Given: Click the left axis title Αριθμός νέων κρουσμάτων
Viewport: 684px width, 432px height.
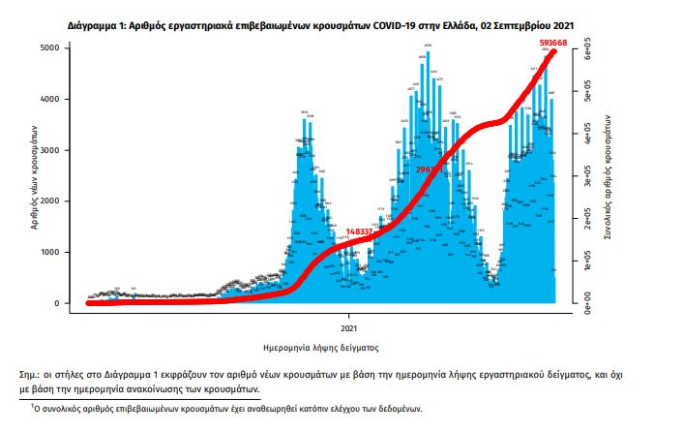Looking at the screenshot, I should point(35,175).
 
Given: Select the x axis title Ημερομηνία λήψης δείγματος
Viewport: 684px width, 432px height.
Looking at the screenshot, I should point(320,346).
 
